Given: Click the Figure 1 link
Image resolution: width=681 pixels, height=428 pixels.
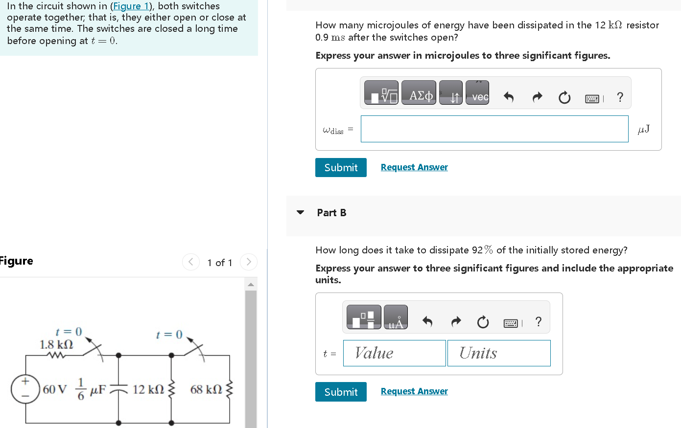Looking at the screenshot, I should tap(131, 6).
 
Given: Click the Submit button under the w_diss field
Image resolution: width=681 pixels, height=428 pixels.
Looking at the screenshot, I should tap(341, 167).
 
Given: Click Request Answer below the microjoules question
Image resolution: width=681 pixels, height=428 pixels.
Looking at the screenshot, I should tap(414, 167).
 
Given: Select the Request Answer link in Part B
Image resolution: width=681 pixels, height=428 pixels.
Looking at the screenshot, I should tap(414, 391).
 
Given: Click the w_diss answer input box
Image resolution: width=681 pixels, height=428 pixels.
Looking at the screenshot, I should tap(494, 129).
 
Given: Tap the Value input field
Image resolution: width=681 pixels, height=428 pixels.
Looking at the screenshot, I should tap(395, 353).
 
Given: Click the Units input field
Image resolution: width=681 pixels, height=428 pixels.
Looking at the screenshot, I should tap(499, 353).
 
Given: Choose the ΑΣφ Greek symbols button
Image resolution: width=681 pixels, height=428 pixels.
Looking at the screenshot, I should tap(419, 93).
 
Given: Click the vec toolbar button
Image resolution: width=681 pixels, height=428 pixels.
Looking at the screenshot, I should tap(477, 93).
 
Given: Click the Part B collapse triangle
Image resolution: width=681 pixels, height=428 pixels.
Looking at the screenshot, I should tap(301, 212).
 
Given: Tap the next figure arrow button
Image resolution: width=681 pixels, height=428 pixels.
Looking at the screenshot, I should tap(249, 262).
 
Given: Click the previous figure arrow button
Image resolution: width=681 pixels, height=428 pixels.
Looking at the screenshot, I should tap(191, 262).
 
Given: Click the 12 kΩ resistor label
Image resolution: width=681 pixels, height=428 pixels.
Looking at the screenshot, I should tap(148, 389).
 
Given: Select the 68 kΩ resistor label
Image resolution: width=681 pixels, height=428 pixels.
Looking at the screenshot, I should tap(206, 389).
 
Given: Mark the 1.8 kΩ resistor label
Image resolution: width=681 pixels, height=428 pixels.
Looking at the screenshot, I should tap(56, 344).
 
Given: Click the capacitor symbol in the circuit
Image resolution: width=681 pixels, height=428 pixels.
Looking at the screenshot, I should tap(118, 389).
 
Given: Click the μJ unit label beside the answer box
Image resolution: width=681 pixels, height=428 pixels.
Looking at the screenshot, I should tap(643, 129).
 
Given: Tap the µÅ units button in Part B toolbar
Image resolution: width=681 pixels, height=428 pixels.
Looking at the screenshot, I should tap(396, 317).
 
